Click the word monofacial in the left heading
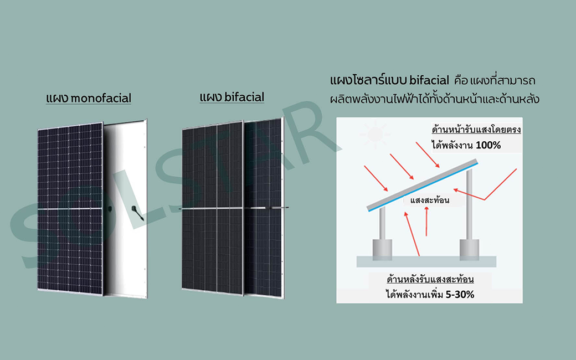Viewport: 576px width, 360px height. tap(101, 99)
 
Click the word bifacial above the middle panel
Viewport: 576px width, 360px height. tap(244, 97)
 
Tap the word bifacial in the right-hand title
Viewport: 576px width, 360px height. tap(429, 80)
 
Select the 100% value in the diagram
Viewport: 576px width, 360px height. tap(488, 146)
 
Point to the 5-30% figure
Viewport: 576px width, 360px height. tap(460, 294)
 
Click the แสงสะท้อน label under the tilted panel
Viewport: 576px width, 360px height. tap(430, 200)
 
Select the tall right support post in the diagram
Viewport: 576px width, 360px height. tap(469, 204)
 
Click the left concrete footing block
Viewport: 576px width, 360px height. tap(382, 250)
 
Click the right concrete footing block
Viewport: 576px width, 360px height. tap(469, 250)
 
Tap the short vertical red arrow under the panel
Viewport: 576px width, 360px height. tap(426, 222)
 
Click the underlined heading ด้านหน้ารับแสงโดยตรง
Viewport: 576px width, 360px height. tap(476, 130)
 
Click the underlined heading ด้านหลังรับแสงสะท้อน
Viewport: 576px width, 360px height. tap(430, 280)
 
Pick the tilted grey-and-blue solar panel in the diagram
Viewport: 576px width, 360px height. tap(423, 185)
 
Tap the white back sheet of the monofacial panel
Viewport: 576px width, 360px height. tap(125, 208)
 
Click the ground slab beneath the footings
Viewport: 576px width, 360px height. tap(426, 261)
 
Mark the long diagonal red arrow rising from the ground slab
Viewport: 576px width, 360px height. tap(412, 234)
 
